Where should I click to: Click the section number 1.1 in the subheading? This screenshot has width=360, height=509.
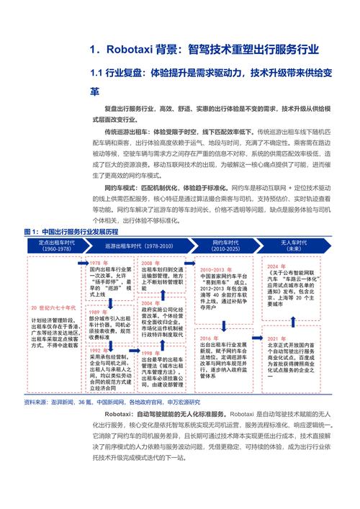click(x=99, y=73)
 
